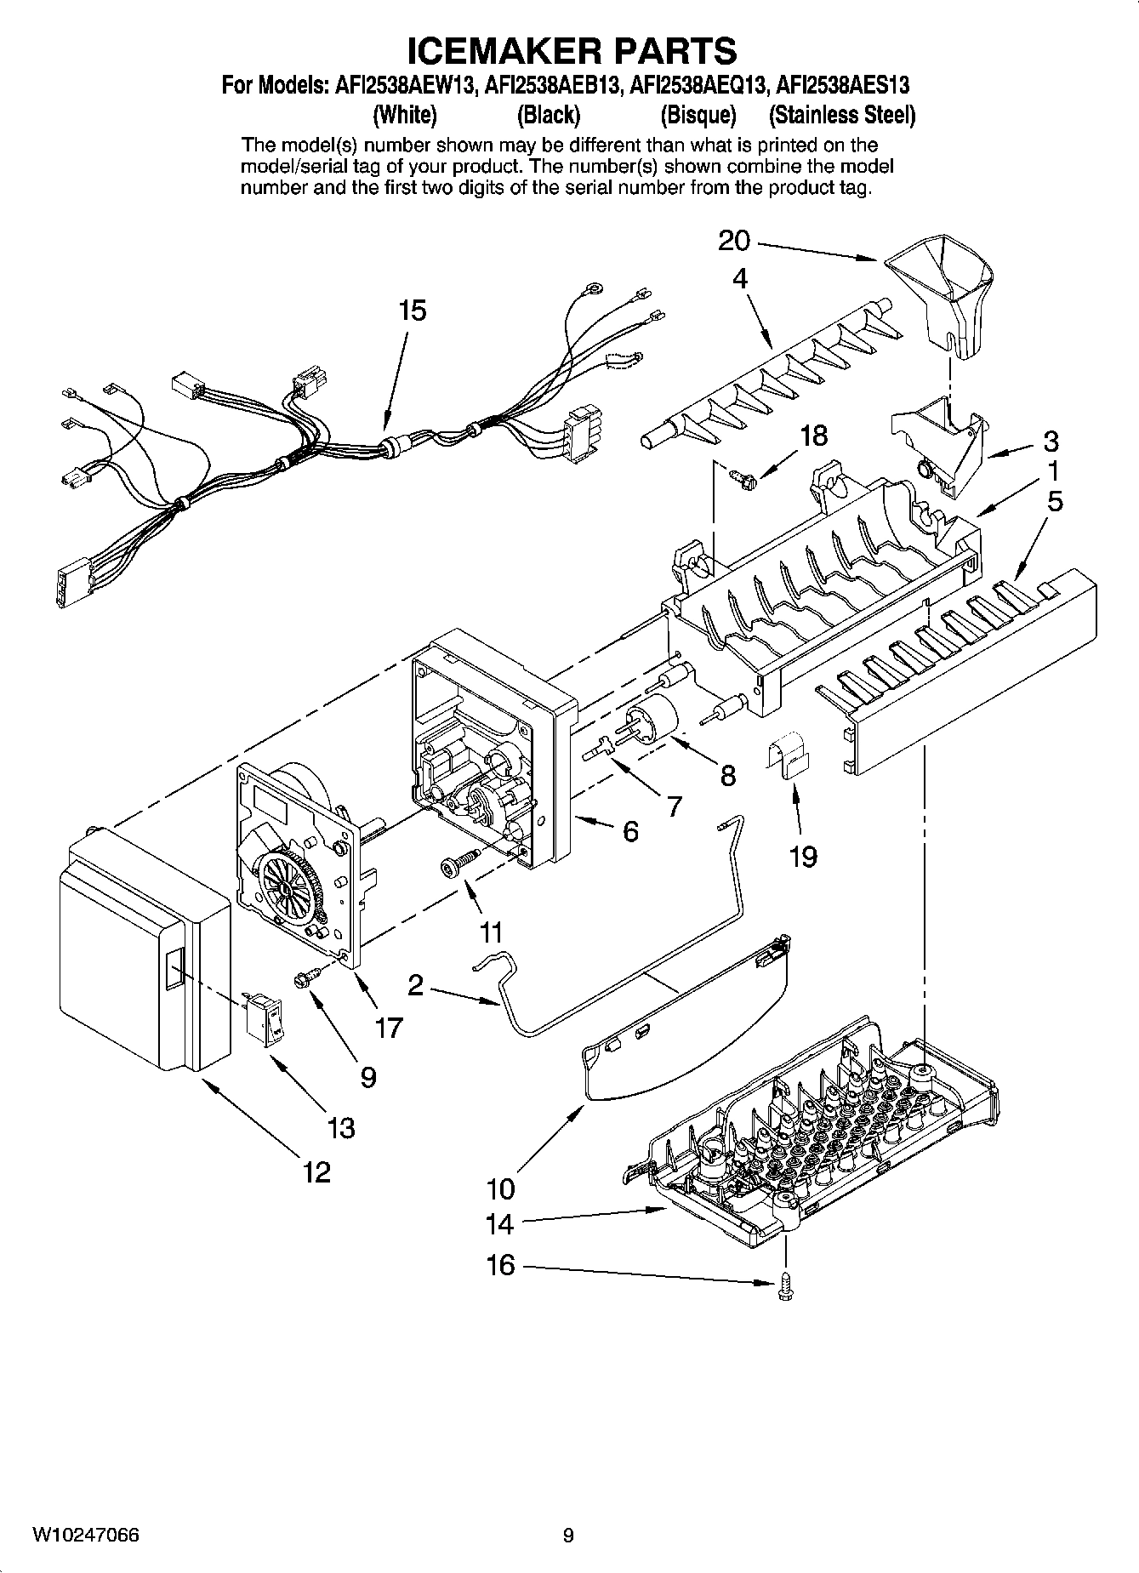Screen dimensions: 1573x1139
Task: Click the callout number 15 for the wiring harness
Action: (x=412, y=311)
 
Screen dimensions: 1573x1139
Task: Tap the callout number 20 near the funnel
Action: (x=734, y=242)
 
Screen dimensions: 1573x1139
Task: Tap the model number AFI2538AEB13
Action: (x=548, y=85)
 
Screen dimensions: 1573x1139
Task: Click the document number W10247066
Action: (x=86, y=1535)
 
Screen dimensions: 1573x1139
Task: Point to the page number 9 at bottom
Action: (x=568, y=1535)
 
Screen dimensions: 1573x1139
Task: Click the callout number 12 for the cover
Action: (x=316, y=1172)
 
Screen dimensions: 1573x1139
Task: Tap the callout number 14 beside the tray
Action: (x=500, y=1224)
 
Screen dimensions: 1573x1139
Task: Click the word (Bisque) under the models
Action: (x=698, y=115)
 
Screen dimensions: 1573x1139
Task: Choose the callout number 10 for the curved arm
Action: (x=501, y=1188)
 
